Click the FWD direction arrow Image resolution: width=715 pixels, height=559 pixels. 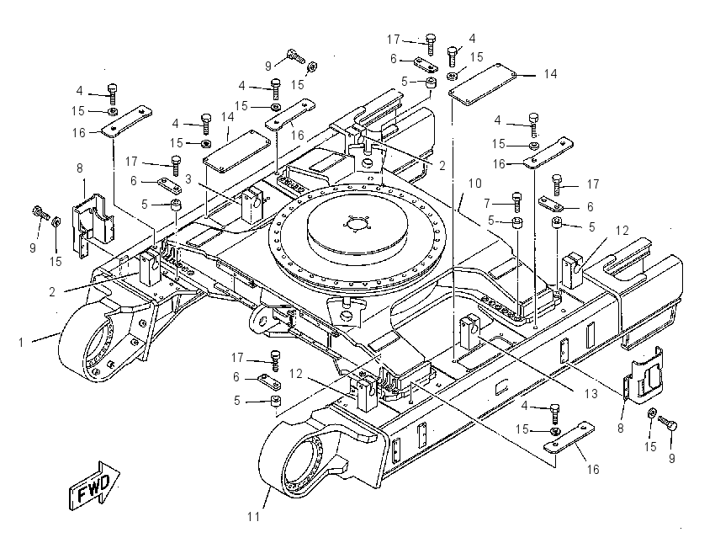(x=94, y=485)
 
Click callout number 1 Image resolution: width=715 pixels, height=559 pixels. (x=20, y=343)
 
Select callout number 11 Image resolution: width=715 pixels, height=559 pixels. (x=253, y=517)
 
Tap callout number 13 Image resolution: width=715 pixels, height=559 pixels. (x=591, y=393)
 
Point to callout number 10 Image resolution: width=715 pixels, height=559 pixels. (x=474, y=183)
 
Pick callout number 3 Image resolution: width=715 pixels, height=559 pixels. (x=188, y=178)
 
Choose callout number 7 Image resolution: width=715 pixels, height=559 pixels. (x=487, y=203)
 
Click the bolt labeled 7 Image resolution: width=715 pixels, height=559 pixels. (x=517, y=201)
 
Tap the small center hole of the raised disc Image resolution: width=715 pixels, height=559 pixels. (x=357, y=225)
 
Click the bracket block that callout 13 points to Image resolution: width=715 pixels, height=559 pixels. (x=469, y=330)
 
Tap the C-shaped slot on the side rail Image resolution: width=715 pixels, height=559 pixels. (x=501, y=387)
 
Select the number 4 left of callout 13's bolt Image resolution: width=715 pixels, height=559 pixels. (x=524, y=406)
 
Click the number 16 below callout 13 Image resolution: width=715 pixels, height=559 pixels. (x=592, y=470)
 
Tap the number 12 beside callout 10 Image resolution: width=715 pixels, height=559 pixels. (x=622, y=231)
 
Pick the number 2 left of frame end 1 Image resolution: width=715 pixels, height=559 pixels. (x=52, y=292)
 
